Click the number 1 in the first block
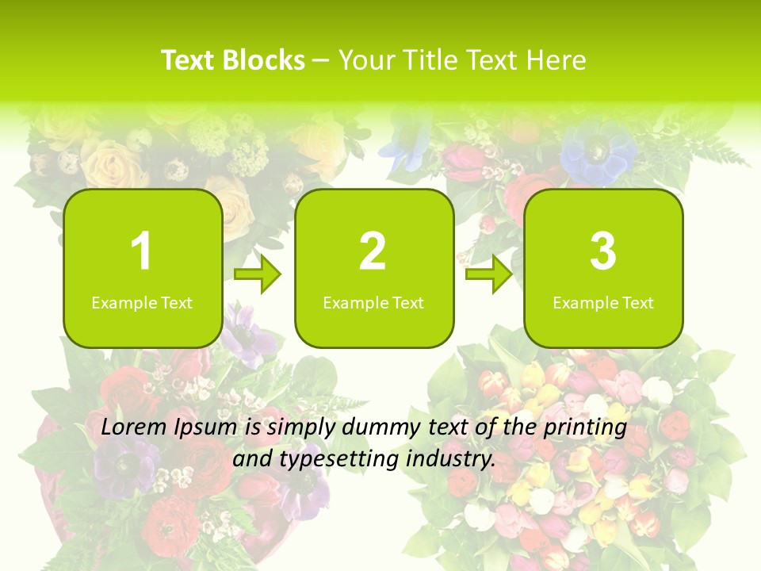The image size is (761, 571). (141, 251)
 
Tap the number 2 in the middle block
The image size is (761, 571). (373, 251)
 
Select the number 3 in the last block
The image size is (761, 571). (603, 251)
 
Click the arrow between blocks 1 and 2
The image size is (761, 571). (258, 275)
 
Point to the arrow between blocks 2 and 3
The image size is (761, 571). (489, 275)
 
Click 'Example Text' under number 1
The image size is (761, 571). (142, 303)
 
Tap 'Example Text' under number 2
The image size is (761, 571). (373, 303)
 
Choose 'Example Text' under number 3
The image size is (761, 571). (603, 303)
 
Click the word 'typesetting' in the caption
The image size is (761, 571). (335, 459)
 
